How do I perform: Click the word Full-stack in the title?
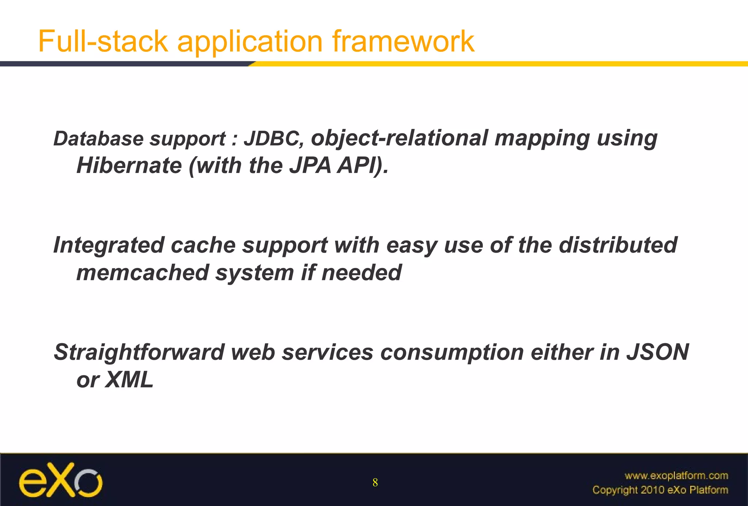(x=103, y=41)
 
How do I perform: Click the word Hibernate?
(x=129, y=165)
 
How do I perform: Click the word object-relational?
(x=399, y=139)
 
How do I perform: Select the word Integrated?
(x=108, y=245)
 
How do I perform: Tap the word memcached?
(x=142, y=273)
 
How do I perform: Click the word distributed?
(x=618, y=245)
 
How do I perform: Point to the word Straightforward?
(x=139, y=352)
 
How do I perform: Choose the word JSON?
(x=657, y=352)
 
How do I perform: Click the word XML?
(x=129, y=380)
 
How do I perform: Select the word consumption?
(x=452, y=352)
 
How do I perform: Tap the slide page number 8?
(x=375, y=483)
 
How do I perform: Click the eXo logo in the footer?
(x=61, y=480)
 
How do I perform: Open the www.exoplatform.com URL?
(x=676, y=476)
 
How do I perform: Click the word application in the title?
(x=250, y=41)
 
